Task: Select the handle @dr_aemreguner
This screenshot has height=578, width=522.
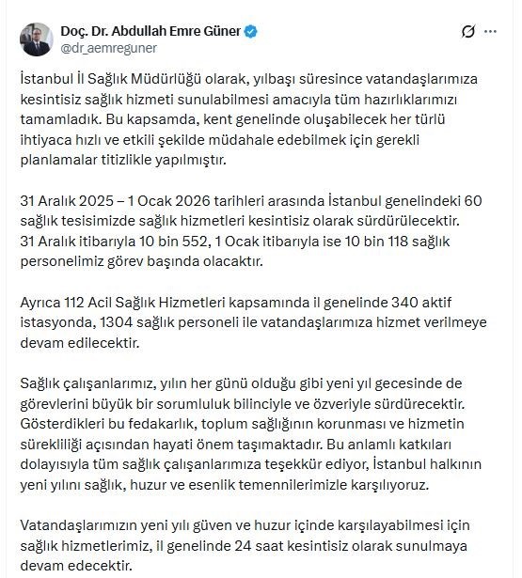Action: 107,47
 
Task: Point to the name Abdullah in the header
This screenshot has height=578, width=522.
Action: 146,29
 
